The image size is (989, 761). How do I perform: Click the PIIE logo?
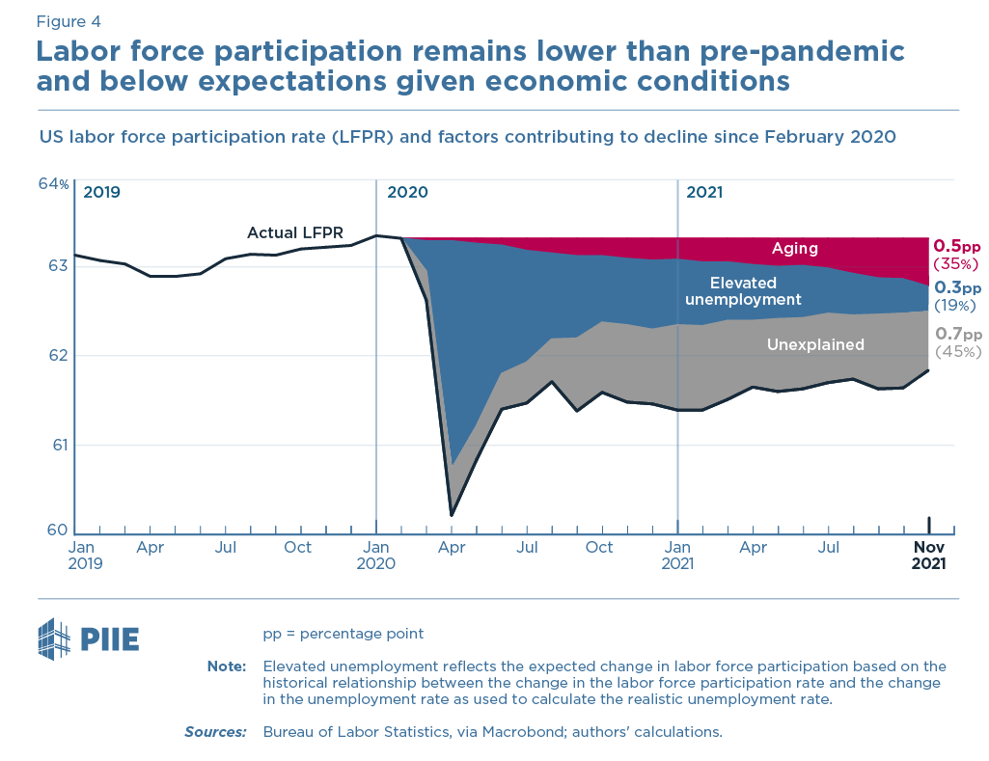pyautogui.click(x=88, y=638)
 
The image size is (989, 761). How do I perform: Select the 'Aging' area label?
pyautogui.click(x=794, y=248)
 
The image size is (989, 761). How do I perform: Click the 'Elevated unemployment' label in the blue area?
pyautogui.click(x=743, y=291)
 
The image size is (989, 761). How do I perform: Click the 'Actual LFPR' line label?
pyautogui.click(x=295, y=232)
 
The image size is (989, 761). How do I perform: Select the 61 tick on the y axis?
pyautogui.click(x=58, y=445)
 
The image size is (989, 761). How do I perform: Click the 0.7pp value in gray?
pyautogui.click(x=956, y=334)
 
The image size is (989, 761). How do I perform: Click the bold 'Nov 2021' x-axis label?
pyautogui.click(x=929, y=556)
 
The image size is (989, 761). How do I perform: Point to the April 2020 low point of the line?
pyautogui.click(x=452, y=515)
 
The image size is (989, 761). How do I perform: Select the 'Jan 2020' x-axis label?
pyautogui.click(x=376, y=556)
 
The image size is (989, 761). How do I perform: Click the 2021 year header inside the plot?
pyautogui.click(x=703, y=192)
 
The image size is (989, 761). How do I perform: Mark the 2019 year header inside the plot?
pyautogui.click(x=101, y=192)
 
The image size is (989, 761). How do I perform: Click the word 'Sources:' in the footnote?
pyautogui.click(x=215, y=732)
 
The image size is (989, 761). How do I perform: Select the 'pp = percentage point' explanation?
pyautogui.click(x=343, y=634)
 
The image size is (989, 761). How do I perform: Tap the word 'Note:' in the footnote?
pyautogui.click(x=227, y=666)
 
